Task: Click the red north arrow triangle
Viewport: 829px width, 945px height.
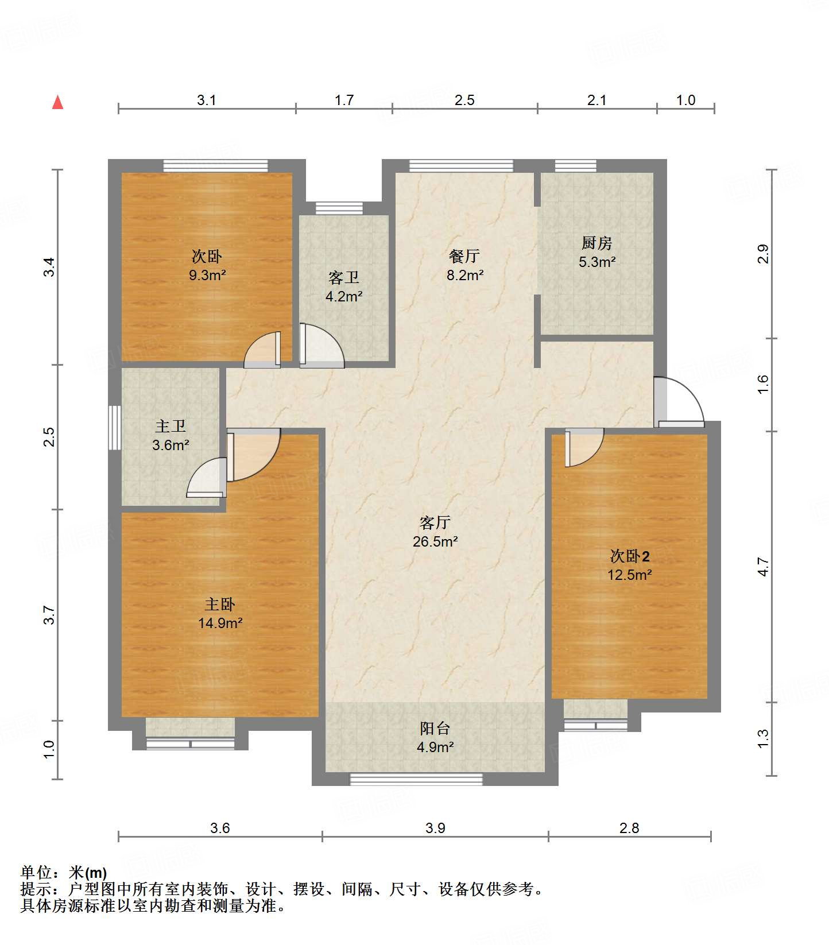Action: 57,102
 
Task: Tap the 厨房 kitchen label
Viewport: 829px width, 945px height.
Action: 596,243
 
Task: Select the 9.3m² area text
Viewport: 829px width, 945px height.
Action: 207,275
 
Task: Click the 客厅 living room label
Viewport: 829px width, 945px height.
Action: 435,522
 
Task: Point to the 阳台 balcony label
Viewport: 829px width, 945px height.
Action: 435,728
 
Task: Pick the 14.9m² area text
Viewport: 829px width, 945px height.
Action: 220,623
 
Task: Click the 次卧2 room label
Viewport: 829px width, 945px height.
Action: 630,556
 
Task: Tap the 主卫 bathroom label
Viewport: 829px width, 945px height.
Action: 171,426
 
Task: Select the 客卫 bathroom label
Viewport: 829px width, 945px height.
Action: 344,278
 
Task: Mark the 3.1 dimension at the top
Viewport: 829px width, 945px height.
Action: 207,100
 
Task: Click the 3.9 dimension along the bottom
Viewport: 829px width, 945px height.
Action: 435,828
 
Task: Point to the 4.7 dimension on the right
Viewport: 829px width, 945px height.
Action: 763,567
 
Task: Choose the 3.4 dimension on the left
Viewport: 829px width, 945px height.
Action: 51,268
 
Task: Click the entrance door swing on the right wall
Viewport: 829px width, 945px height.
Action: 680,402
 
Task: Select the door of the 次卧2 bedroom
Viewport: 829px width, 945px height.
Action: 584,448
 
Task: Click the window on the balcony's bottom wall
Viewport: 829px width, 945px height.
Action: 416,779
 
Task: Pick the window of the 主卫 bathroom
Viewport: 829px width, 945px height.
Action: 115,428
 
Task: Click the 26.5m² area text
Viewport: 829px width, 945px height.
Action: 435,541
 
